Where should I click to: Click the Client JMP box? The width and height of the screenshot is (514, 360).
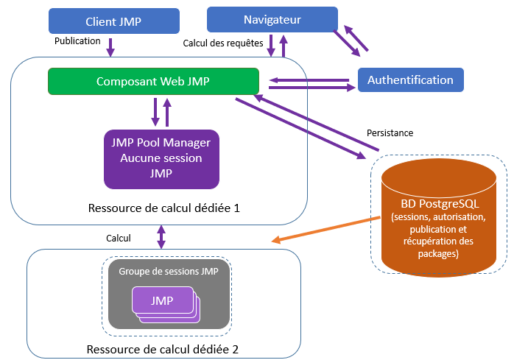point(114,21)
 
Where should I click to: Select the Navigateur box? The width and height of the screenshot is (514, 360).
point(272,18)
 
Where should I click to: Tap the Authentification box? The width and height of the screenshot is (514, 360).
point(410,80)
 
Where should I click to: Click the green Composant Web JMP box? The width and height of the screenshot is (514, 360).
point(153,81)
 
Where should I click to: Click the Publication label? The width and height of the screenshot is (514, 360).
point(77,41)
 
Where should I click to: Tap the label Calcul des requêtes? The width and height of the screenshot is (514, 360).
point(223,43)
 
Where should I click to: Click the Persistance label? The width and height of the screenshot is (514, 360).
point(390,133)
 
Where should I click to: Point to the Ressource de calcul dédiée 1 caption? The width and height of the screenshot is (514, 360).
point(163,208)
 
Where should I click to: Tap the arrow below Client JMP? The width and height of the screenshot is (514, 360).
point(111,49)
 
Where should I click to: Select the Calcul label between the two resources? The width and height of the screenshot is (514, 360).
point(118,238)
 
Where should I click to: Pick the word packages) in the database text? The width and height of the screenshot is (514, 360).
point(440,254)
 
